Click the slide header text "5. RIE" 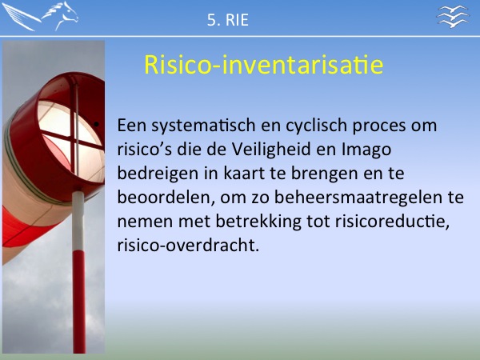[x=228, y=20]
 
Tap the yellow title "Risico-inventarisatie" [x=263, y=65]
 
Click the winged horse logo [x=40, y=16]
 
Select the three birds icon [x=453, y=17]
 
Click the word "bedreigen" [x=158, y=174]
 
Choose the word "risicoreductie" [x=392, y=222]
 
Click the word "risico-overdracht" [x=188, y=246]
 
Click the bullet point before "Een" [x=97, y=125]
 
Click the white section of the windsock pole [x=78, y=221]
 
